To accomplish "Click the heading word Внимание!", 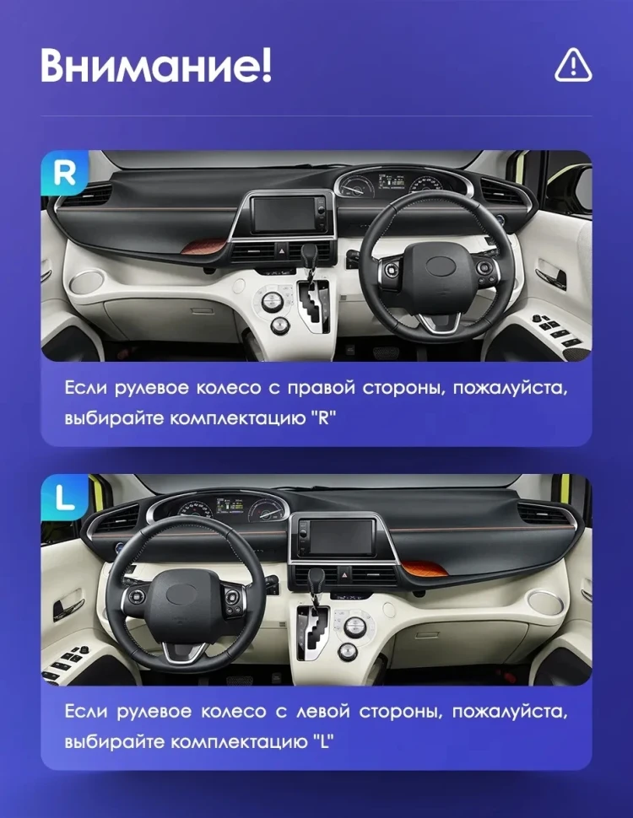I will coord(155,65).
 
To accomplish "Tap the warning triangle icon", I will coord(573,65).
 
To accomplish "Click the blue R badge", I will coord(64,173).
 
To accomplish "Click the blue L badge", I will coord(64,498).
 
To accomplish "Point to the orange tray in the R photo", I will coord(202,246).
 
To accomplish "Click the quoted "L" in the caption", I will coord(322,742).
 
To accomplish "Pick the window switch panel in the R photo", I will coord(558,329).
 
